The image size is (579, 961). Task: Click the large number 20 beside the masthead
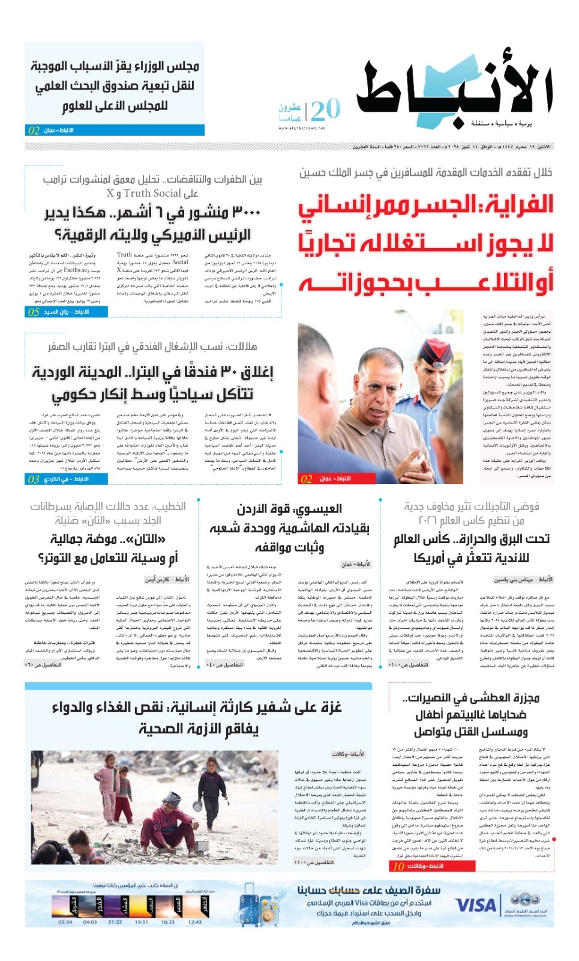326,110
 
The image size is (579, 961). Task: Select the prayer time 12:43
195,922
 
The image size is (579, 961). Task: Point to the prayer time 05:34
65,922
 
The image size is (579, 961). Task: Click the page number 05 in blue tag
34,312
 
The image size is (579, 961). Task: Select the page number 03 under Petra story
34,479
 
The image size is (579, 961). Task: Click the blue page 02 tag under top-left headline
34,130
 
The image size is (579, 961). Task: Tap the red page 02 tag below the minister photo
307,479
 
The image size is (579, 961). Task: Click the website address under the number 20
302,128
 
